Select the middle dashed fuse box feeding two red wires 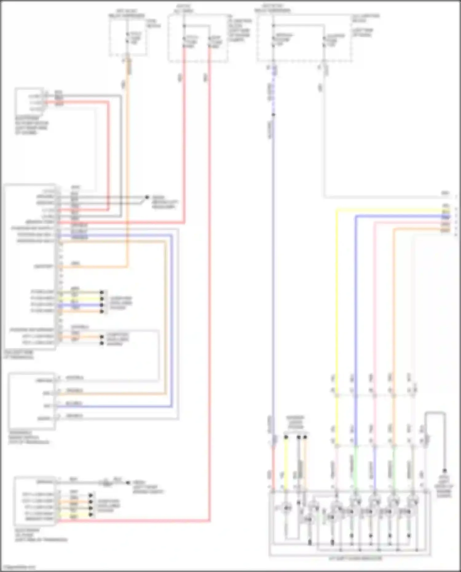[198, 38]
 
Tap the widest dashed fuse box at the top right [304, 38]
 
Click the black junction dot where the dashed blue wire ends [273, 115]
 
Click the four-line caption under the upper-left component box [31, 125]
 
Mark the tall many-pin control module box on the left [30, 266]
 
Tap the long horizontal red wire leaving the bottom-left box [135, 521]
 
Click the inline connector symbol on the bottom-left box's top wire [107, 483]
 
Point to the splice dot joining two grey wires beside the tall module [147, 197]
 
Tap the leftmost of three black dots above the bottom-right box [286, 437]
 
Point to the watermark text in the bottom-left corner [18, 567]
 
